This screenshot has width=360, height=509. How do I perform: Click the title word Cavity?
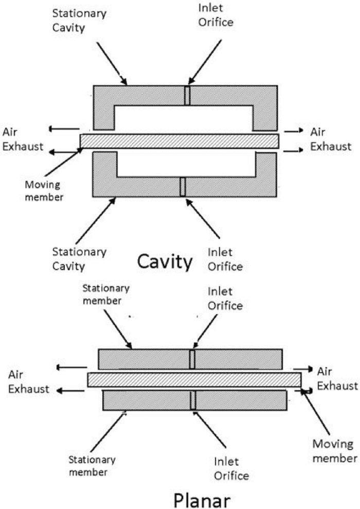pyautogui.click(x=165, y=262)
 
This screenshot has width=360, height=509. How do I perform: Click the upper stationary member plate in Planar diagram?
pyautogui.click(x=144, y=359)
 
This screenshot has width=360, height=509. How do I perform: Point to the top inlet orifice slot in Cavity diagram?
pyautogui.click(x=187, y=96)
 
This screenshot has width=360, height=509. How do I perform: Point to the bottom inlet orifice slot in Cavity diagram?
pyautogui.click(x=183, y=186)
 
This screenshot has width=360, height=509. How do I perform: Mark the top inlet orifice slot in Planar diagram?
pyautogui.click(x=192, y=359)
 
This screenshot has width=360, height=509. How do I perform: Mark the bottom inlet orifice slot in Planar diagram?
pyautogui.click(x=193, y=400)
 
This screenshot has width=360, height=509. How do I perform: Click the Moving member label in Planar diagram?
pyautogui.click(x=334, y=450)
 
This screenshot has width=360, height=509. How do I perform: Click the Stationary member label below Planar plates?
pyautogui.click(x=92, y=465)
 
